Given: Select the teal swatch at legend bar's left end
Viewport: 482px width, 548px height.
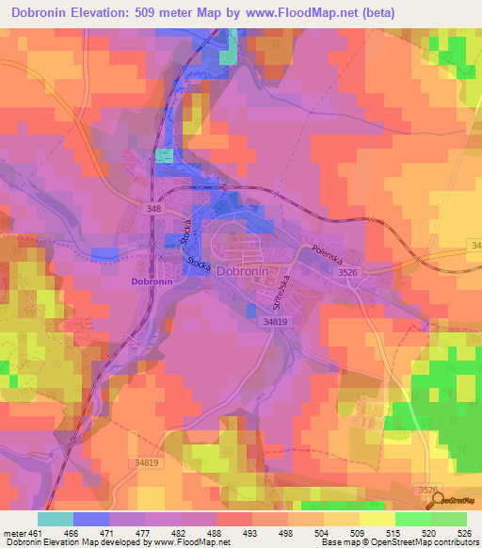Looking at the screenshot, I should click(x=55, y=518).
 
